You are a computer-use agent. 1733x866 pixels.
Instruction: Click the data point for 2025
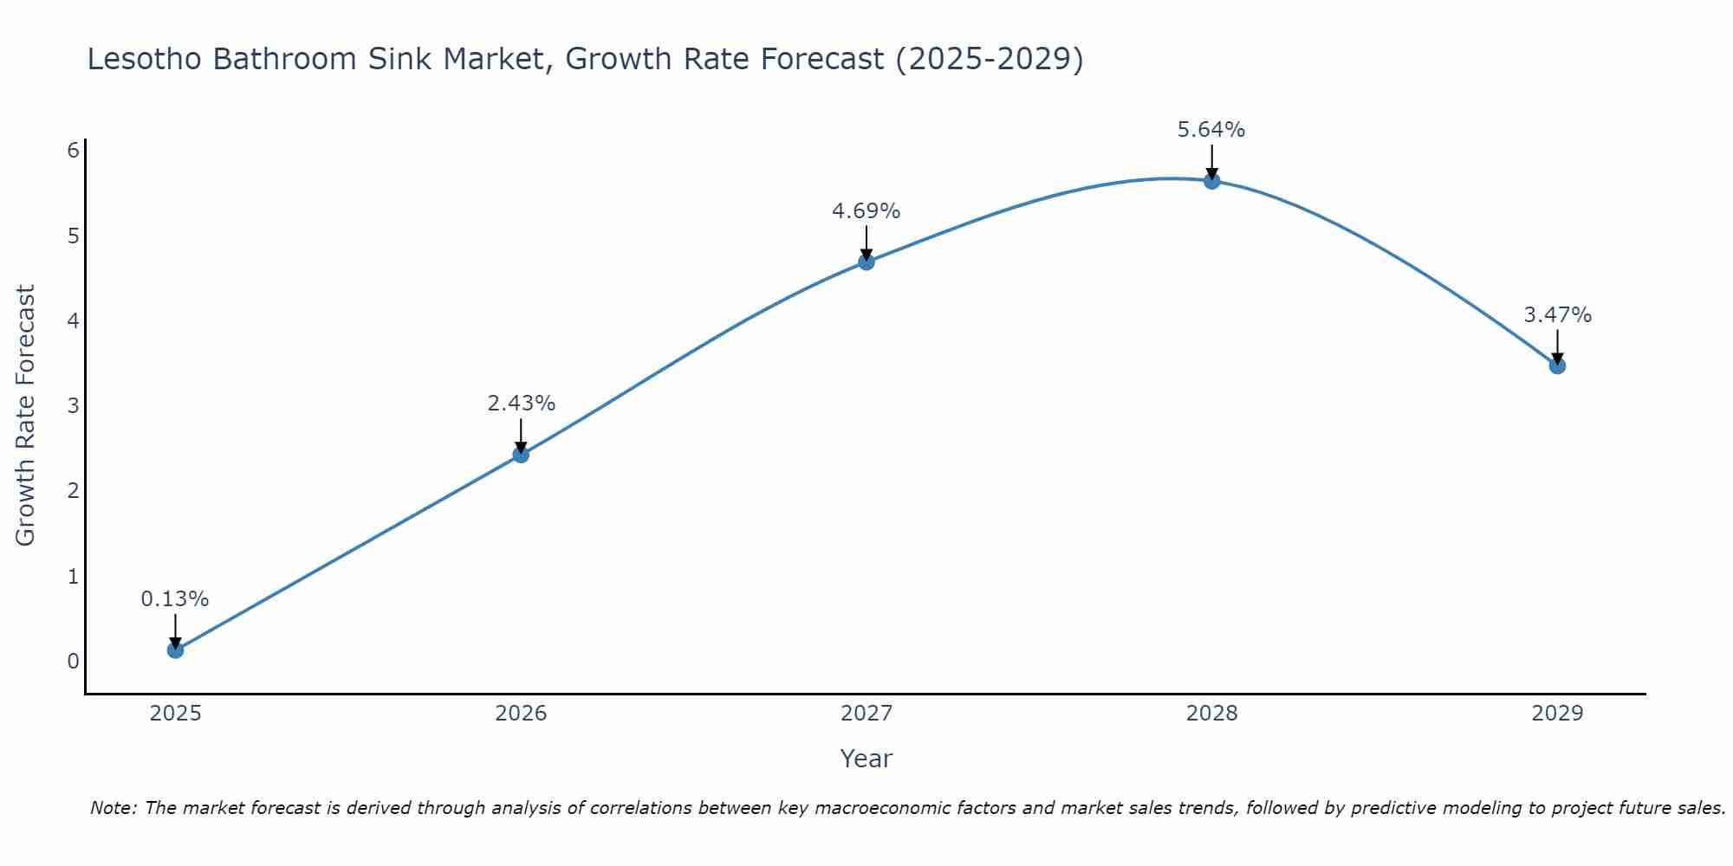coord(175,649)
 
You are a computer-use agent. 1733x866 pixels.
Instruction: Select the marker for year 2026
coord(521,454)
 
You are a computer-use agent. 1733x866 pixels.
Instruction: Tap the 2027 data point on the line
coord(866,262)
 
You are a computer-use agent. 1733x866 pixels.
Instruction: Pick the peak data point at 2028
coord(1211,180)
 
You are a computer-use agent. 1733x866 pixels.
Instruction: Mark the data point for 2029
coord(1557,365)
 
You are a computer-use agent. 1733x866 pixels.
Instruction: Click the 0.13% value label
coord(175,599)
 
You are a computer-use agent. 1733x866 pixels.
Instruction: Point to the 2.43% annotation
coord(521,404)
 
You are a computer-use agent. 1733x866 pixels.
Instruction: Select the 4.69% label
coord(866,211)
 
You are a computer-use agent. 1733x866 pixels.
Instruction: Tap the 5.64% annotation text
coord(1211,130)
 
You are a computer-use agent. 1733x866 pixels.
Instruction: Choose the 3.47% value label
coord(1557,315)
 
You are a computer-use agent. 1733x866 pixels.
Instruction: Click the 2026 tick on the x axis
coord(521,714)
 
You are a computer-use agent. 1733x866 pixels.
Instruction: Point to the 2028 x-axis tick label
coord(1211,714)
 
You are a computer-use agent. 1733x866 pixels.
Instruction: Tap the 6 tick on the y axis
coord(73,151)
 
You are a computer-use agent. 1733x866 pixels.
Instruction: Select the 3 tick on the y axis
coord(73,406)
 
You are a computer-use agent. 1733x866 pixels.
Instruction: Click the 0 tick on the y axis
coord(73,662)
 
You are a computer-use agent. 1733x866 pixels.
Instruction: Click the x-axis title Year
coord(866,759)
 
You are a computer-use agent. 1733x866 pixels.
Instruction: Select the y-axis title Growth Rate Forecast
coord(26,416)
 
